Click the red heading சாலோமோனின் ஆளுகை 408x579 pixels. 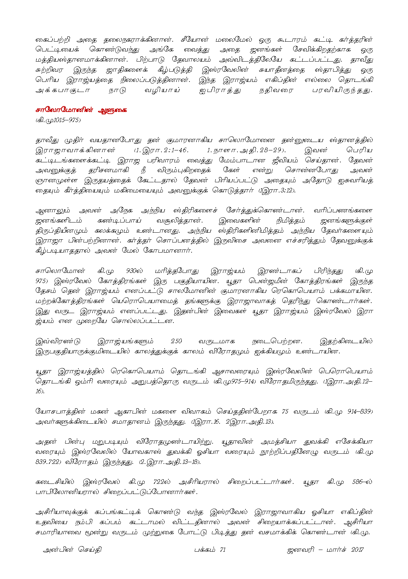[x=81, y=110]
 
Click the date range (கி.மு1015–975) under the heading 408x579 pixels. [x=58, y=120]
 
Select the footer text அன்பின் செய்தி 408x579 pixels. [x=72, y=550]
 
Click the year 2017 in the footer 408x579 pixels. [x=357, y=550]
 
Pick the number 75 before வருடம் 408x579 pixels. [x=285, y=411]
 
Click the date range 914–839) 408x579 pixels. [x=360, y=411]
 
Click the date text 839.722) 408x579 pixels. [x=49, y=462]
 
